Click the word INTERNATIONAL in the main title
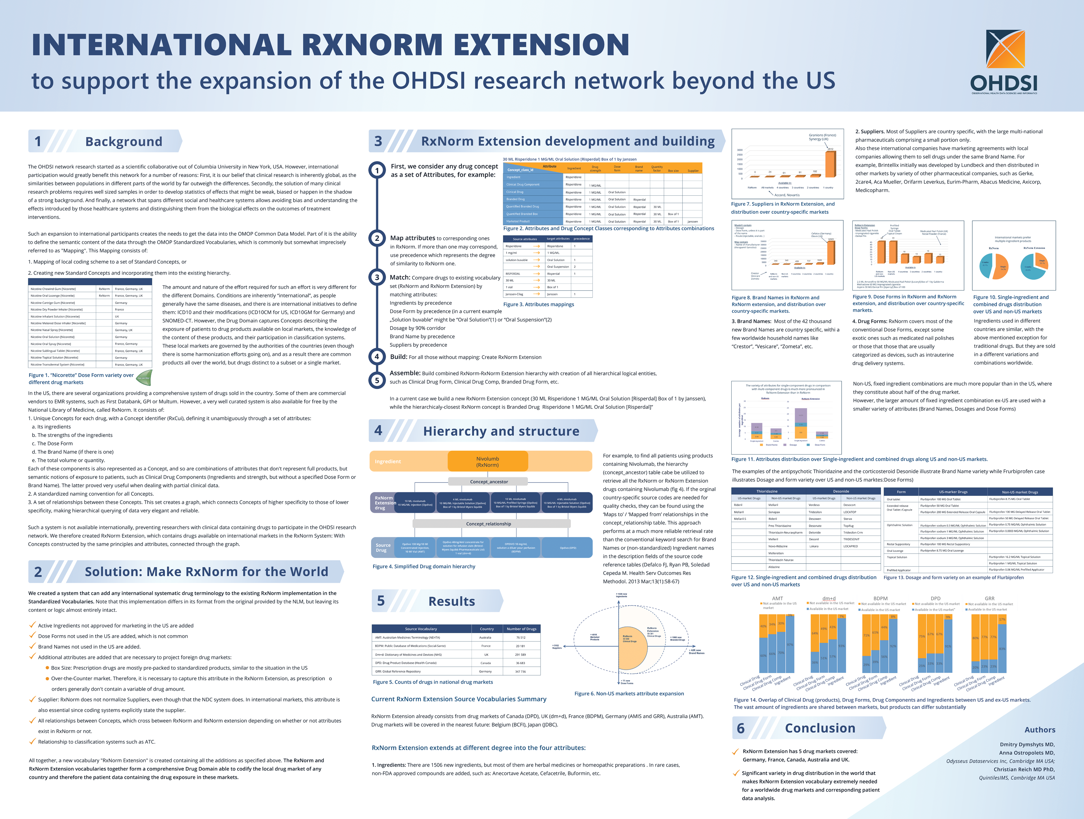(x=162, y=45)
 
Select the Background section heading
(x=124, y=142)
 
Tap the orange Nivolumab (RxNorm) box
(x=487, y=461)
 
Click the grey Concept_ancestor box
(x=489, y=481)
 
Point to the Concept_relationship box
(x=489, y=524)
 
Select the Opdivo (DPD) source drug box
(x=568, y=548)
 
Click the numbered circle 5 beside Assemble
(x=377, y=380)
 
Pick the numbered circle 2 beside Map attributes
(x=377, y=238)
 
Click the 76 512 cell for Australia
(x=520, y=637)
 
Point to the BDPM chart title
(x=880, y=598)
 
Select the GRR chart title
(x=989, y=598)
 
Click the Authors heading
(x=1040, y=729)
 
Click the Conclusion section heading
(x=820, y=728)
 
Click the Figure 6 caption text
(x=629, y=693)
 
